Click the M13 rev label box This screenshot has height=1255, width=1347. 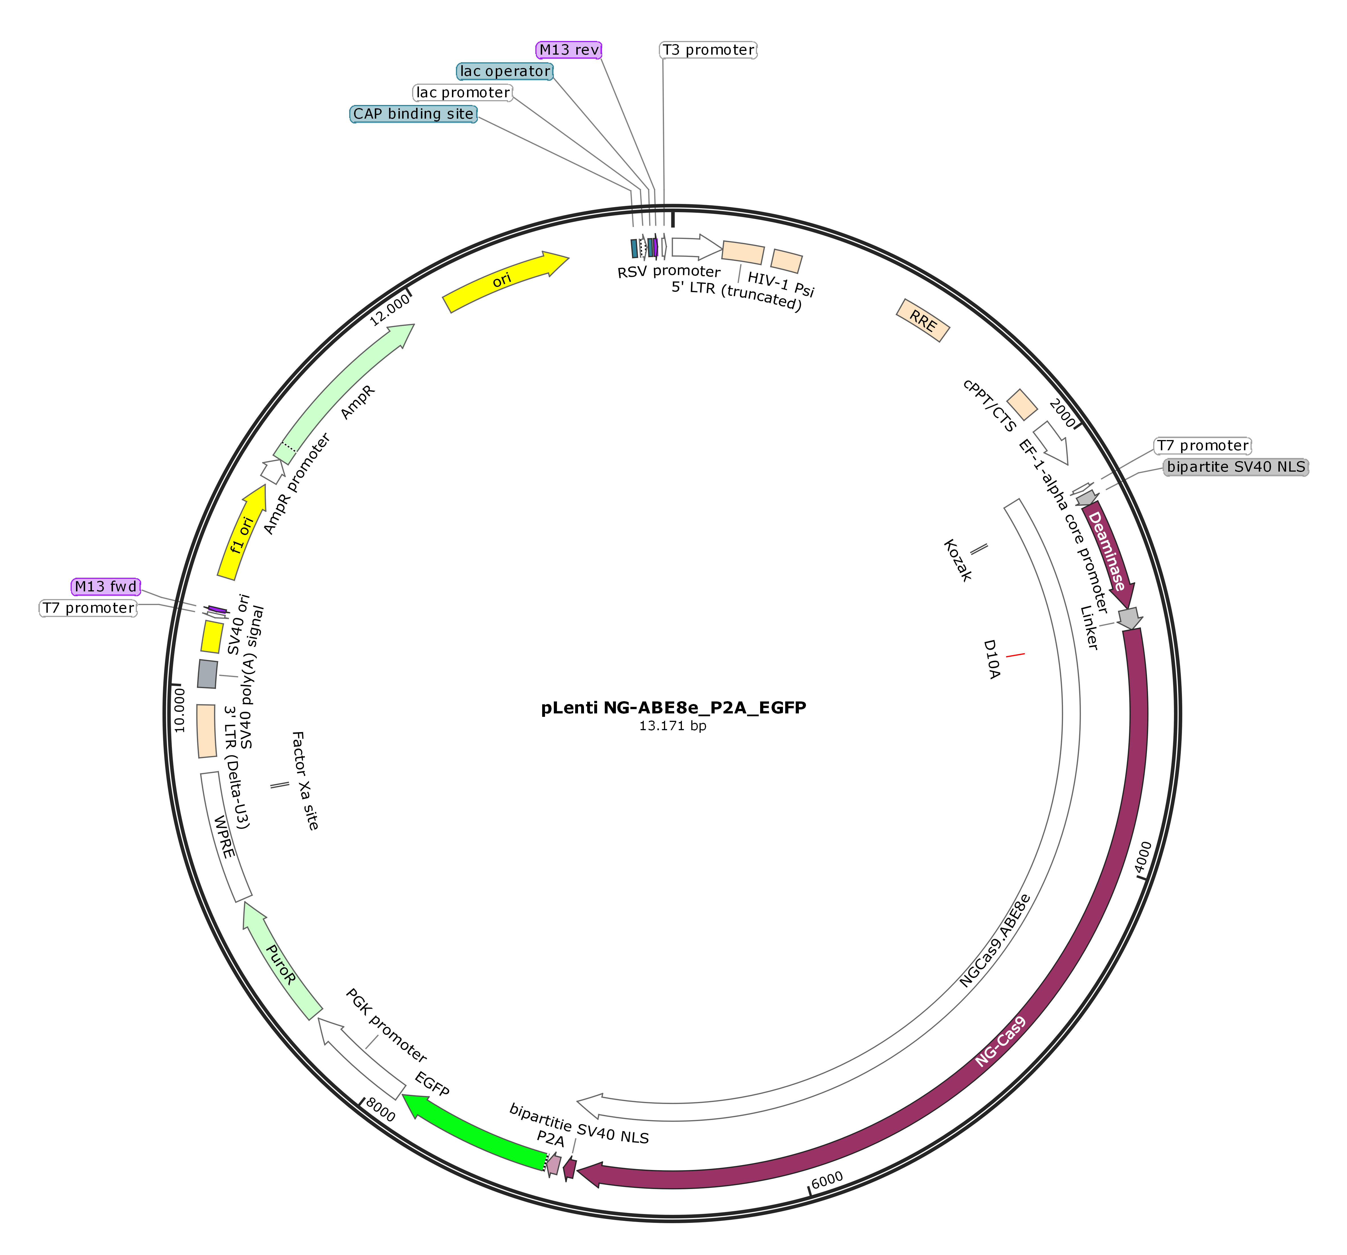tap(568, 49)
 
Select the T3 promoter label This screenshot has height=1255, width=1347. tap(708, 49)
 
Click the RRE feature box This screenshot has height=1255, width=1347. tap(923, 320)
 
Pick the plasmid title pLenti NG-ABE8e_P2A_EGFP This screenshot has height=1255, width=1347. tap(673, 708)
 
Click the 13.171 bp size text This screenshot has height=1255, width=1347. tap(673, 726)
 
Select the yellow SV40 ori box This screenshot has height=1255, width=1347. tap(212, 637)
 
